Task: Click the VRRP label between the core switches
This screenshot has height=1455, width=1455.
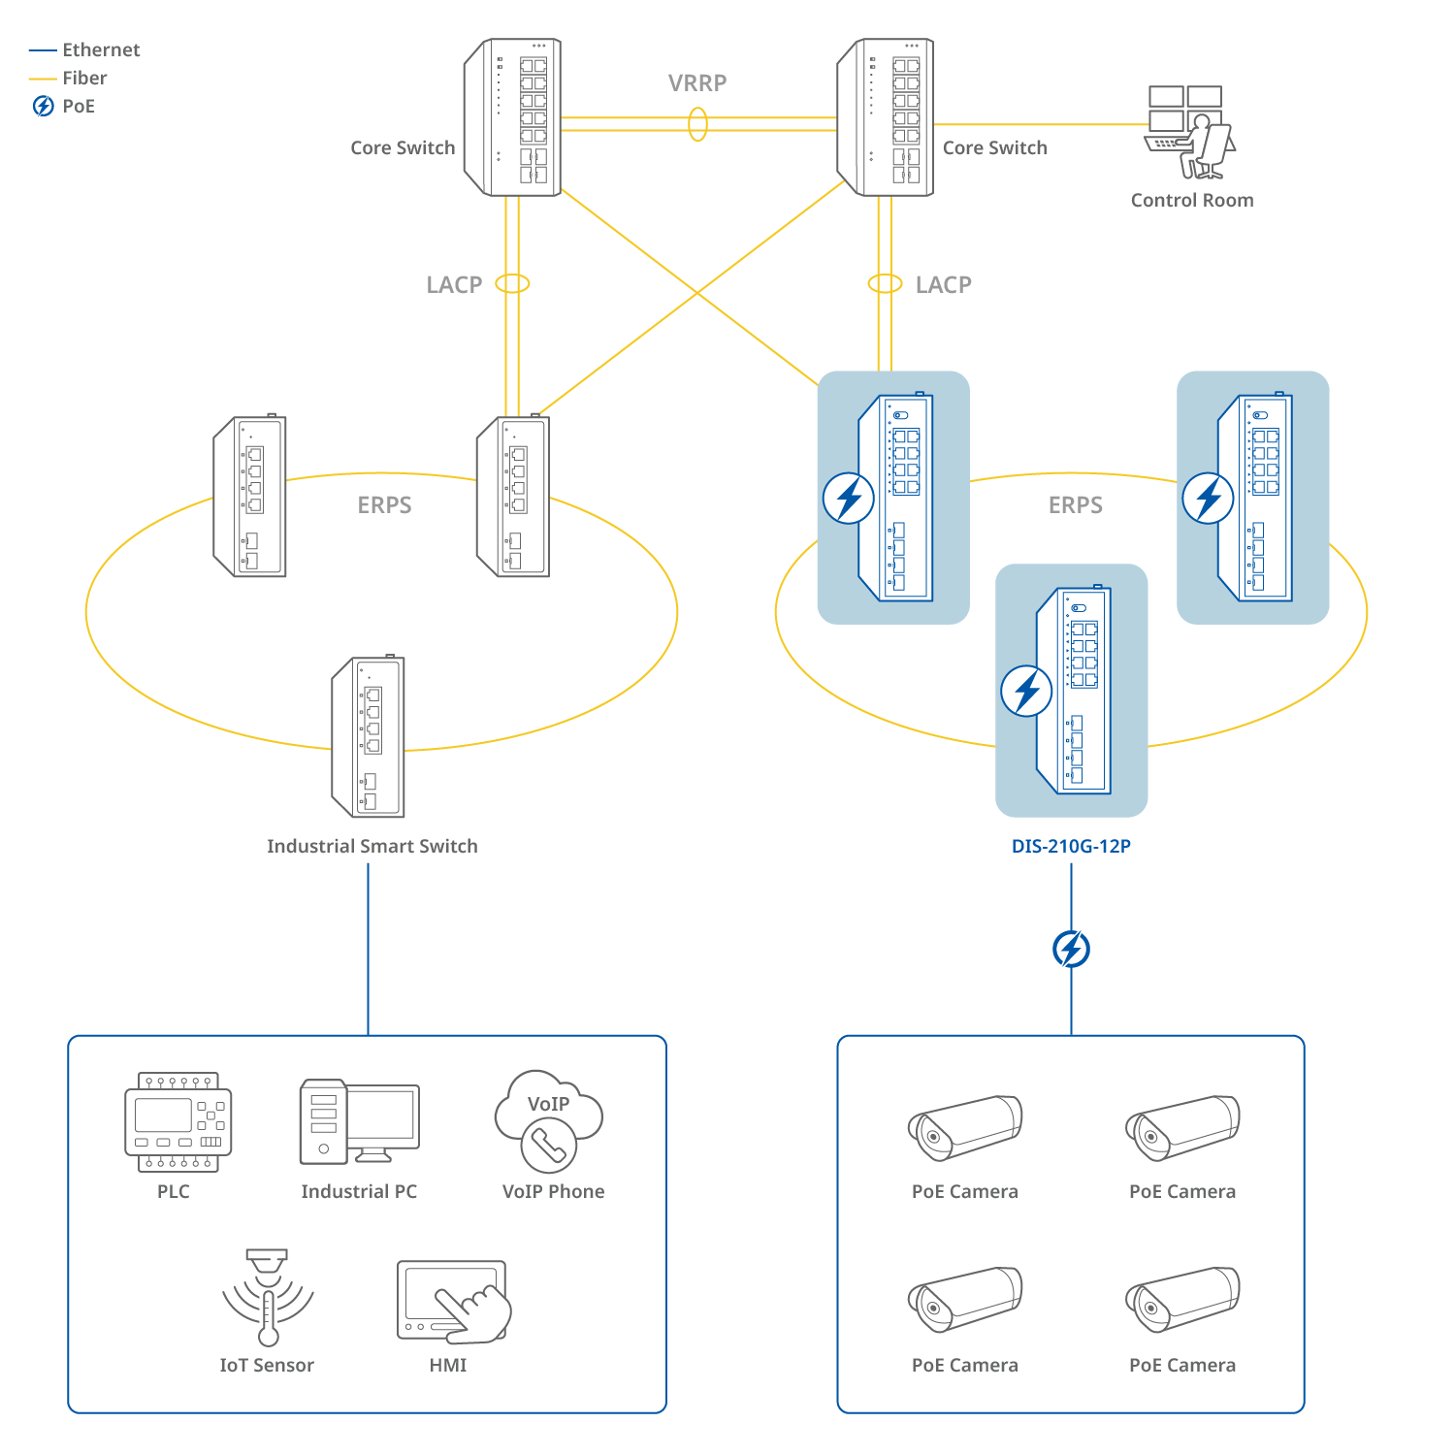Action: click(697, 82)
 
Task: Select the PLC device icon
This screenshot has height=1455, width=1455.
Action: click(178, 1121)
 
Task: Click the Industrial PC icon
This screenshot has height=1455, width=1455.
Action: click(359, 1121)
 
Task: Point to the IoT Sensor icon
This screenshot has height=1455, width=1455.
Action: click(268, 1297)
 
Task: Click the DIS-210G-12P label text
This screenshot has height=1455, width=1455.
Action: click(1071, 846)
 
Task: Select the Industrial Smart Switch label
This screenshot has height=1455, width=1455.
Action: click(372, 846)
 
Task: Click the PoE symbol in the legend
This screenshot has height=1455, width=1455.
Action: click(44, 106)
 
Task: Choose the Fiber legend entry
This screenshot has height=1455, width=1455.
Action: click(84, 78)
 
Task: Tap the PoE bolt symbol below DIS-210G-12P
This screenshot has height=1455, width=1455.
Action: click(1071, 949)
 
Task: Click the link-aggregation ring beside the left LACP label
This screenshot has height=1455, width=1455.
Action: click(512, 283)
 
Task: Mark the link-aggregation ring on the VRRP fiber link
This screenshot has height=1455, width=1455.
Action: click(697, 124)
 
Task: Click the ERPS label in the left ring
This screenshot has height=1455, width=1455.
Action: click(384, 504)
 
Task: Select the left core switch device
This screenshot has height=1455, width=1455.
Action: click(513, 117)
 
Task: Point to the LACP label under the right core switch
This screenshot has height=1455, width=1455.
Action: click(943, 284)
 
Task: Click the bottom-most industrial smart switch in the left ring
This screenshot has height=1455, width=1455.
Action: click(369, 737)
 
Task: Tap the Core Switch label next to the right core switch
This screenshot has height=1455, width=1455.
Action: click(994, 147)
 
